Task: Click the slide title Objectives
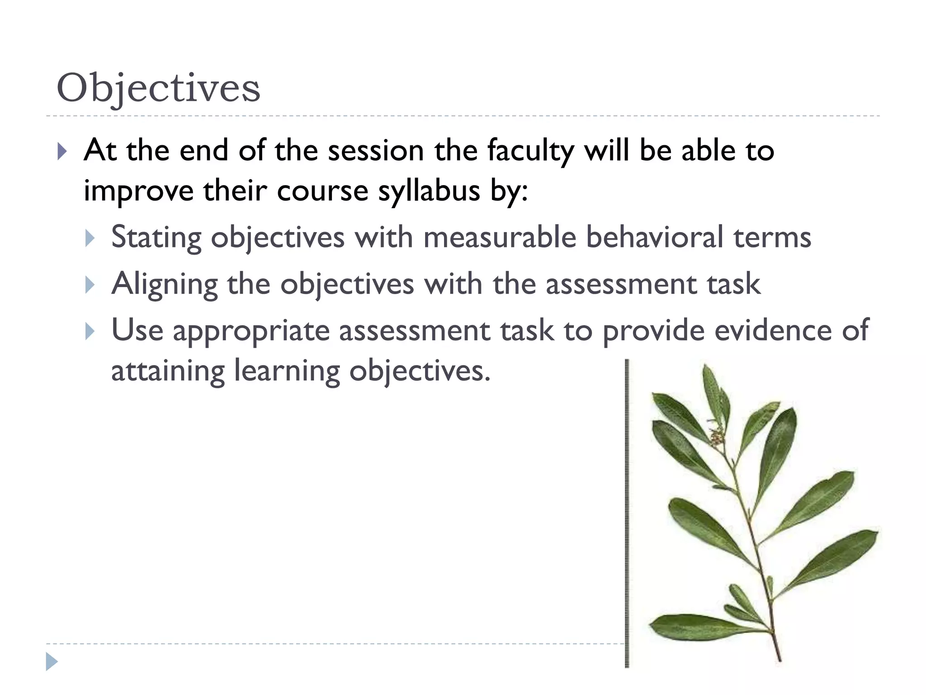[158, 88]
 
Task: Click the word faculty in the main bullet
[530, 151]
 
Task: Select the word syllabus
[429, 191]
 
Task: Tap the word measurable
[500, 237]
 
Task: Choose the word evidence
[772, 330]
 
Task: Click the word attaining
[167, 372]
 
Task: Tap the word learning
[287, 372]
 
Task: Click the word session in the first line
[375, 151]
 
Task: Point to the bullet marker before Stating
[90, 238]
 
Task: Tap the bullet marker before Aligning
[90, 285]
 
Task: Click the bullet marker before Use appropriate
[90, 331]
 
